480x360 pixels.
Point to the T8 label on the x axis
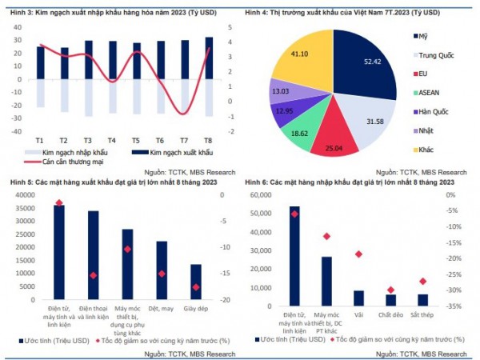(x=209, y=139)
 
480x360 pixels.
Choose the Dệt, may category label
(x=162, y=309)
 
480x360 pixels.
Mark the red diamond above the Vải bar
(x=358, y=254)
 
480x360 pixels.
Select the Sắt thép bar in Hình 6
(x=422, y=300)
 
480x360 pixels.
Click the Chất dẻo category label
(x=390, y=315)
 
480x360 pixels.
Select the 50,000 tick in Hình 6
(x=259, y=214)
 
